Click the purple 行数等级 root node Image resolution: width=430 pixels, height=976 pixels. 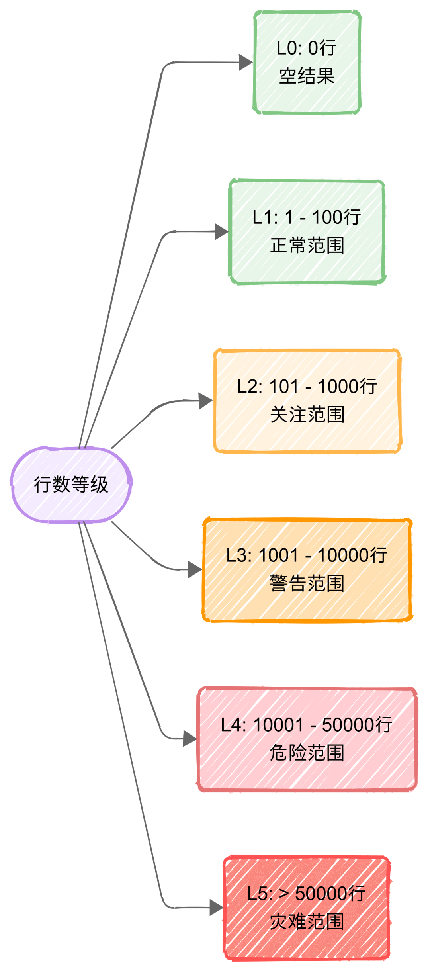[71, 485]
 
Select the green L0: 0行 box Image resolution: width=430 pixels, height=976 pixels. [307, 62]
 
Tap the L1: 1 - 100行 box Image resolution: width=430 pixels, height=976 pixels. [307, 231]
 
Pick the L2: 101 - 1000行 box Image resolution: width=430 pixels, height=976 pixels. [307, 401]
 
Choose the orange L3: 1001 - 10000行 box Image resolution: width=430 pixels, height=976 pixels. [307, 570]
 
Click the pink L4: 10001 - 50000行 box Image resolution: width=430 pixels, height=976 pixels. [307, 739]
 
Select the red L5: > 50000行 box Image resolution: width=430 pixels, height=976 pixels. [307, 908]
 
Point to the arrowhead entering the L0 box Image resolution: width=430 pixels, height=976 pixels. [245, 63]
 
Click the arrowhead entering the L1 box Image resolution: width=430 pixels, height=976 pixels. [221, 231]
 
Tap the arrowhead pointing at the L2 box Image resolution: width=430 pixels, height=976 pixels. [205, 401]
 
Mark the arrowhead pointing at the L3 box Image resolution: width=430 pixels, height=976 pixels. [195, 569]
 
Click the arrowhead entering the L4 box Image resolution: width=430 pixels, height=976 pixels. [189, 739]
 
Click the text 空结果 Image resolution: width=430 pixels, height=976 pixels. [307, 76]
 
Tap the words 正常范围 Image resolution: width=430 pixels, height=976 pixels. [307, 245]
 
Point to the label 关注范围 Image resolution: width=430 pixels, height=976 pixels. [307, 415]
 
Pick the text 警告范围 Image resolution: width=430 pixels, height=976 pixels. [307, 584]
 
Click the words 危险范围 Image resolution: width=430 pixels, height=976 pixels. [307, 753]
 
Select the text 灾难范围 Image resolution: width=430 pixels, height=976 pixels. [307, 922]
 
